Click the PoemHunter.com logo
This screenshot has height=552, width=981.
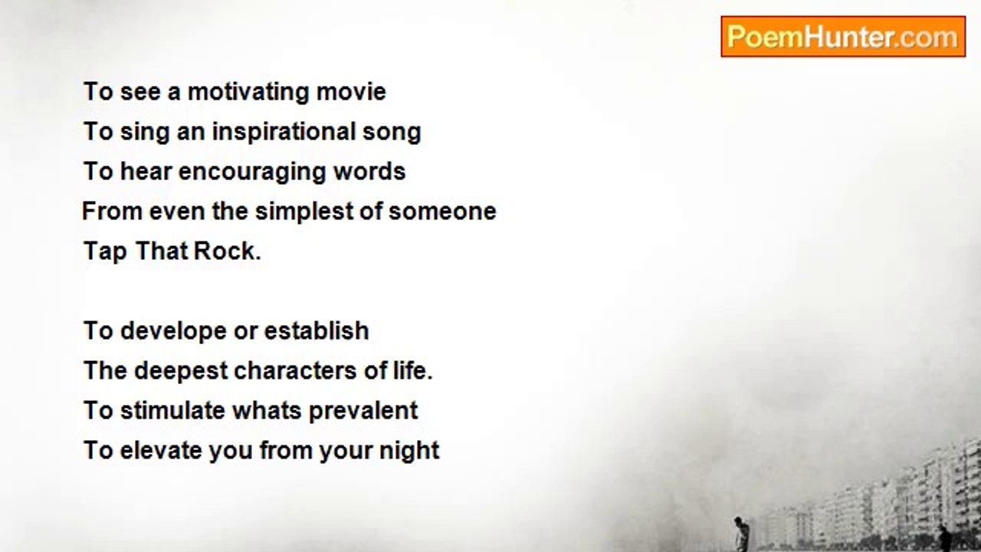843,36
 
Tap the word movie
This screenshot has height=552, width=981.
351,92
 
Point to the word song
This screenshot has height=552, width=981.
392,133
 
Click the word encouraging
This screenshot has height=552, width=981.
252,172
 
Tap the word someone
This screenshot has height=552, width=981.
442,212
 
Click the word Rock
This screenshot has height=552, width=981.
227,251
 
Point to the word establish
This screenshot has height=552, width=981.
317,330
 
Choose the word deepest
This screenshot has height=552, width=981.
181,372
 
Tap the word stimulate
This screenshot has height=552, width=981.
172,411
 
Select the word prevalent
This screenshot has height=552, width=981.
363,412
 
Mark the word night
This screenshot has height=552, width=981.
409,452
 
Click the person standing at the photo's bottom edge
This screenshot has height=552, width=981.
740,534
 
